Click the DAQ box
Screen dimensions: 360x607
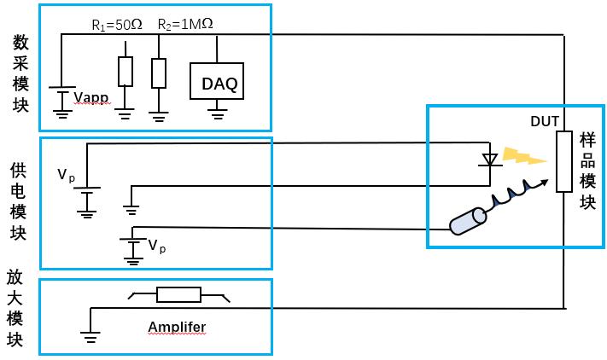219,83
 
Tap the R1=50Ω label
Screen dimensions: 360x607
117,25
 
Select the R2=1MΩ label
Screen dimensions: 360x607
185,25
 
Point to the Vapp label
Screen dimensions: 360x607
91,98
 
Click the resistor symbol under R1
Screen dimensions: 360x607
125,72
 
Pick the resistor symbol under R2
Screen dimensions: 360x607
158,73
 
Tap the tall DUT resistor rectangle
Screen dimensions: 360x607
563,162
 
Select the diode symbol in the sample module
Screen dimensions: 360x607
489,159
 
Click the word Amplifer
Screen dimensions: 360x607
177,327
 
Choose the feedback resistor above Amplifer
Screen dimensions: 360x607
178,295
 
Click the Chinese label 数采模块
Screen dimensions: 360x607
20,75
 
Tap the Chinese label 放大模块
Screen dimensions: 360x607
15,308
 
